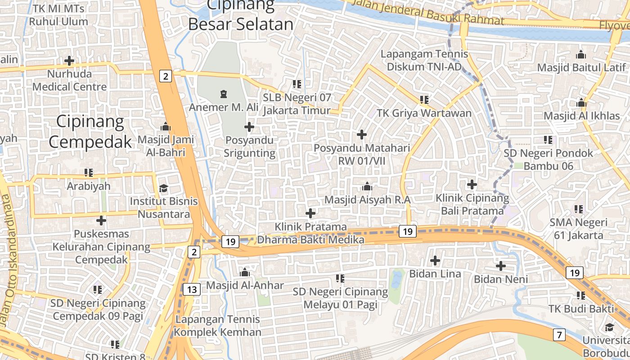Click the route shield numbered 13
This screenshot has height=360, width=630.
(x=192, y=289)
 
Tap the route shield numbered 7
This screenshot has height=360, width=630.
(x=559, y=335)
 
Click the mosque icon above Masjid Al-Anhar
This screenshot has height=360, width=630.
(x=245, y=273)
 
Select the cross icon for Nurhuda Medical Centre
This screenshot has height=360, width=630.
(x=69, y=60)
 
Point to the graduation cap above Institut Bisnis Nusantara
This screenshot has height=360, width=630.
(x=163, y=188)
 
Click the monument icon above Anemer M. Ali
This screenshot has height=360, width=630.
(x=223, y=94)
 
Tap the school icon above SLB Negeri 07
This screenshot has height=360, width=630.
(x=297, y=84)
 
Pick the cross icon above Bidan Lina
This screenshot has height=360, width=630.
(x=435, y=261)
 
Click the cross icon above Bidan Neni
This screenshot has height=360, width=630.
(x=500, y=266)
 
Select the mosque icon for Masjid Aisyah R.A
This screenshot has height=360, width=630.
(x=367, y=186)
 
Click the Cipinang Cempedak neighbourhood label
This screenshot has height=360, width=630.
(x=90, y=131)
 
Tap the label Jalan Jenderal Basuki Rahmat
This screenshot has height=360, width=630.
(x=427, y=12)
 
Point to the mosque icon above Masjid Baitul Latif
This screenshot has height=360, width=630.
(x=581, y=55)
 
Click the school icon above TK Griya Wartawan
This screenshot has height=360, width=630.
(x=424, y=99)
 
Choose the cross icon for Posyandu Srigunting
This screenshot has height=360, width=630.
(x=249, y=127)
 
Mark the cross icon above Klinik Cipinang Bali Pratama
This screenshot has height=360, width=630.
(x=472, y=184)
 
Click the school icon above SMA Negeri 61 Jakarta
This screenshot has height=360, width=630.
(x=578, y=209)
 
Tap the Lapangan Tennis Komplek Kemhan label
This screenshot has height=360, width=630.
(x=218, y=326)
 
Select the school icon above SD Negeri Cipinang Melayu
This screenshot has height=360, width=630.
(x=340, y=279)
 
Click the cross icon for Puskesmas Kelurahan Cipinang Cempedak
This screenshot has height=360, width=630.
(x=101, y=220)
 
